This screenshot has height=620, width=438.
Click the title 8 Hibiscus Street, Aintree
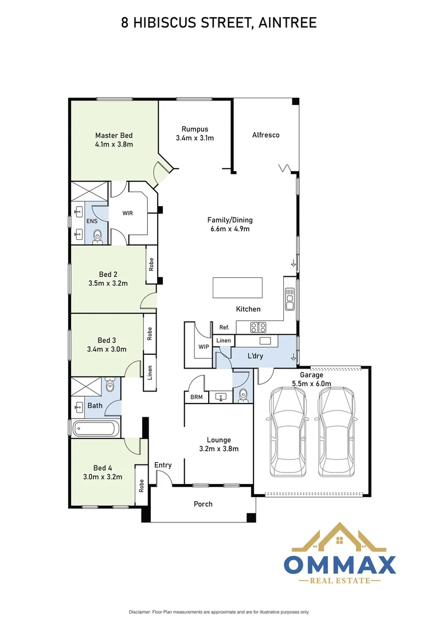pos(218,22)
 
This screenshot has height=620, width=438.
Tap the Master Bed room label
pos(114,135)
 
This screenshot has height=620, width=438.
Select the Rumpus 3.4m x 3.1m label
pos(194,129)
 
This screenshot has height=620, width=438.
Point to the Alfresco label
pos(265,135)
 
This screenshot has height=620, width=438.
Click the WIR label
pos(127,213)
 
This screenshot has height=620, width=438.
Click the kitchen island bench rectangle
pos(237,287)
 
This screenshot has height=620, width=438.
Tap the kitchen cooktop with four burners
pos(258,327)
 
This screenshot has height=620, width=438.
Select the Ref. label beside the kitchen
pos(224,327)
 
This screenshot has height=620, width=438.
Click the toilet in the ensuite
pos(98,234)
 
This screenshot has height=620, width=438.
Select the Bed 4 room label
pos(103,467)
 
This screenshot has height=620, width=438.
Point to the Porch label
pos(203,504)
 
